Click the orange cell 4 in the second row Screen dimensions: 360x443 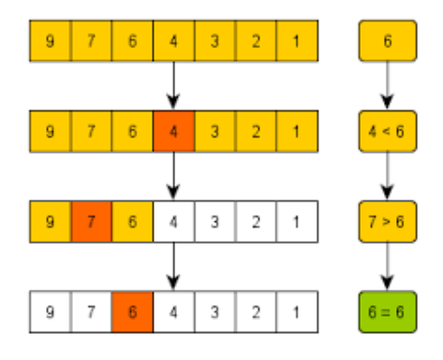click(173, 130)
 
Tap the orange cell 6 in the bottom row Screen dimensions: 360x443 click(132, 308)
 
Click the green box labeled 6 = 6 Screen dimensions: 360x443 click(386, 308)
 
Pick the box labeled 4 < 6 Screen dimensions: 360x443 click(386, 130)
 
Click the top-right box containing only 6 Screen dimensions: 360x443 click(386, 42)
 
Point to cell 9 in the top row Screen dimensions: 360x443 click(50, 42)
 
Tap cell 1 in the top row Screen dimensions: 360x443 click(298, 42)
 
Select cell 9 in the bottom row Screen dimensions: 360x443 click(50, 308)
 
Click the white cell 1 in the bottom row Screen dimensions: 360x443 click(298, 308)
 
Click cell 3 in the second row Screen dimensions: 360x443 click(215, 130)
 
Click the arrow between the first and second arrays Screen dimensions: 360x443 click(173, 86)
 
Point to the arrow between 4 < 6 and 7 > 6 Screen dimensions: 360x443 click(386, 175)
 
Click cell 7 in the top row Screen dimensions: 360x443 click(91, 42)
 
